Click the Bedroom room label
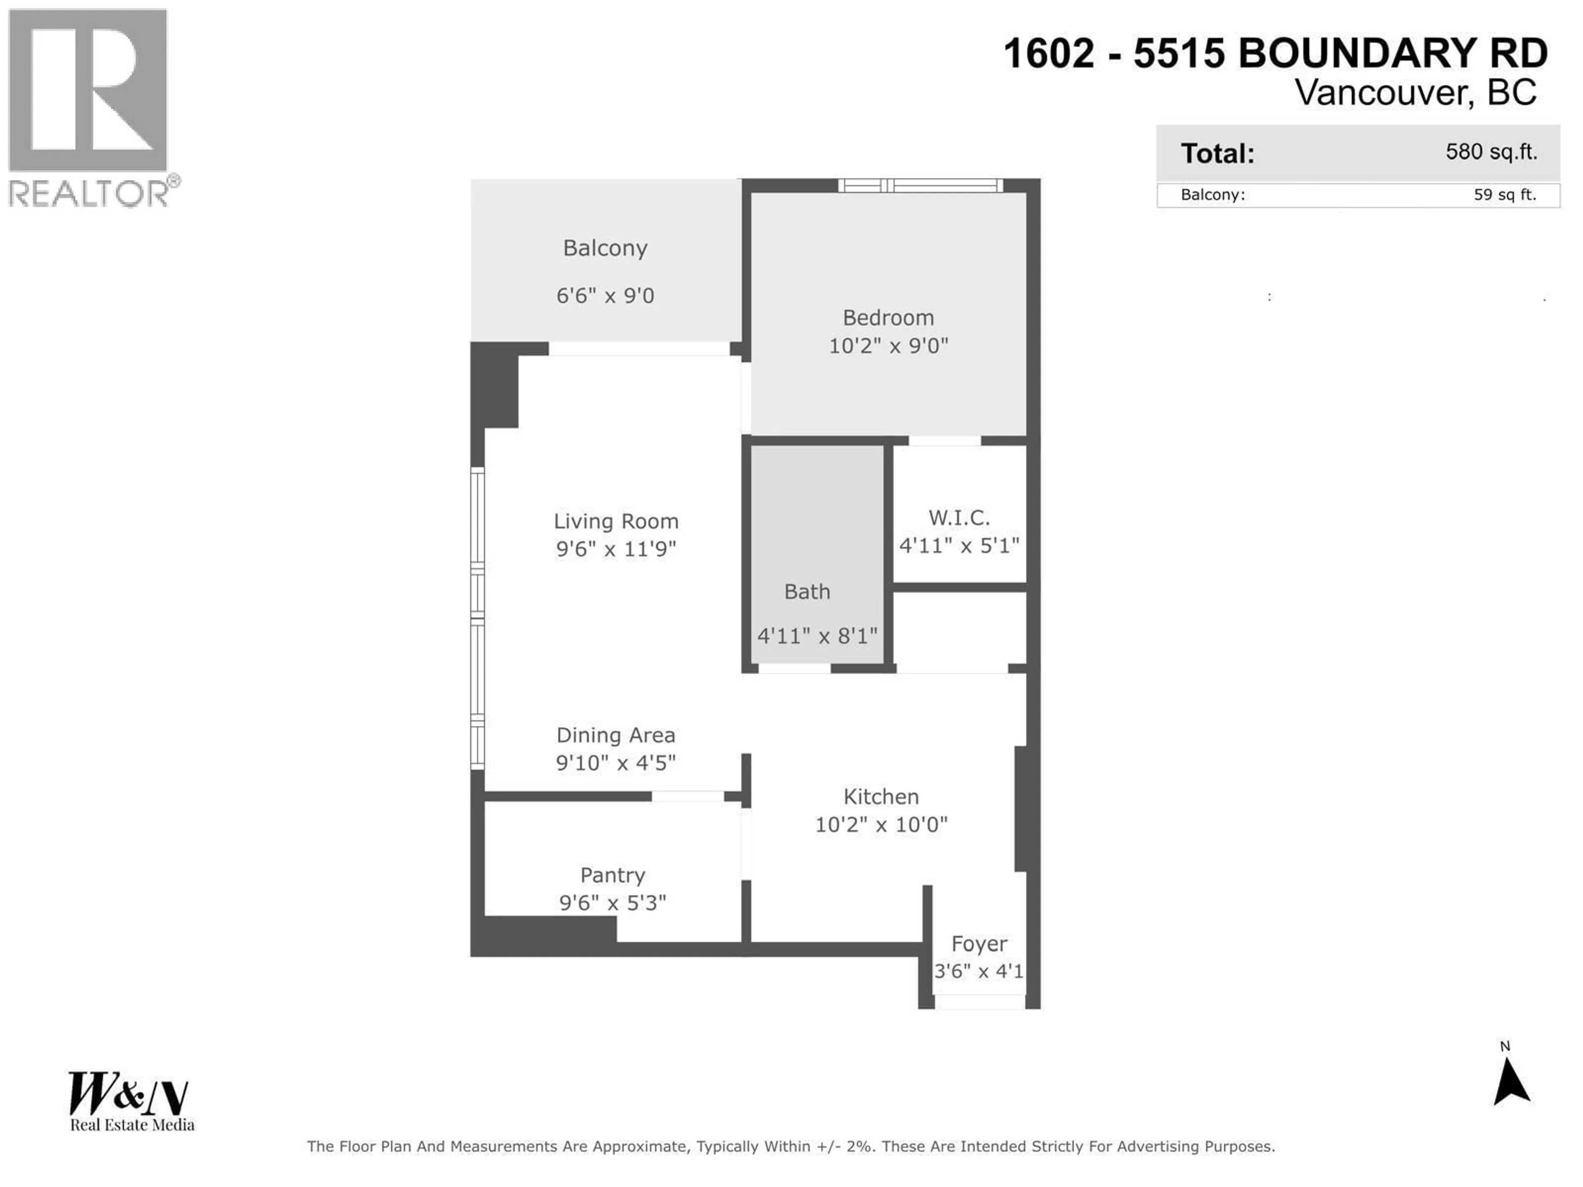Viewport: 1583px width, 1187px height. coord(888,318)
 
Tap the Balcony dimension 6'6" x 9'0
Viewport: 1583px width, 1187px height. coord(606,296)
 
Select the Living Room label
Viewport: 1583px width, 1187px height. coord(615,521)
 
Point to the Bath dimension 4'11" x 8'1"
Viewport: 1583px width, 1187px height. coord(817,636)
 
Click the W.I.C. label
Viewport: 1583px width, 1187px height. coord(959,517)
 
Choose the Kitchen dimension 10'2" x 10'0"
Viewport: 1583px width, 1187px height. coord(881,824)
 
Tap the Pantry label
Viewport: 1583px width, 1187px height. coord(613,875)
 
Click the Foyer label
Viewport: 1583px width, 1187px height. coord(979,944)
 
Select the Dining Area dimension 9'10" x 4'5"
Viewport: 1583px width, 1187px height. coord(615,763)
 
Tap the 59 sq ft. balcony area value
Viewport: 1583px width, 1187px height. coord(1504,195)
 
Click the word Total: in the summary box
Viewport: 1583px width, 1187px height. coord(1217,153)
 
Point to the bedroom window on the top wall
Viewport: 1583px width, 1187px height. coord(920,186)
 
